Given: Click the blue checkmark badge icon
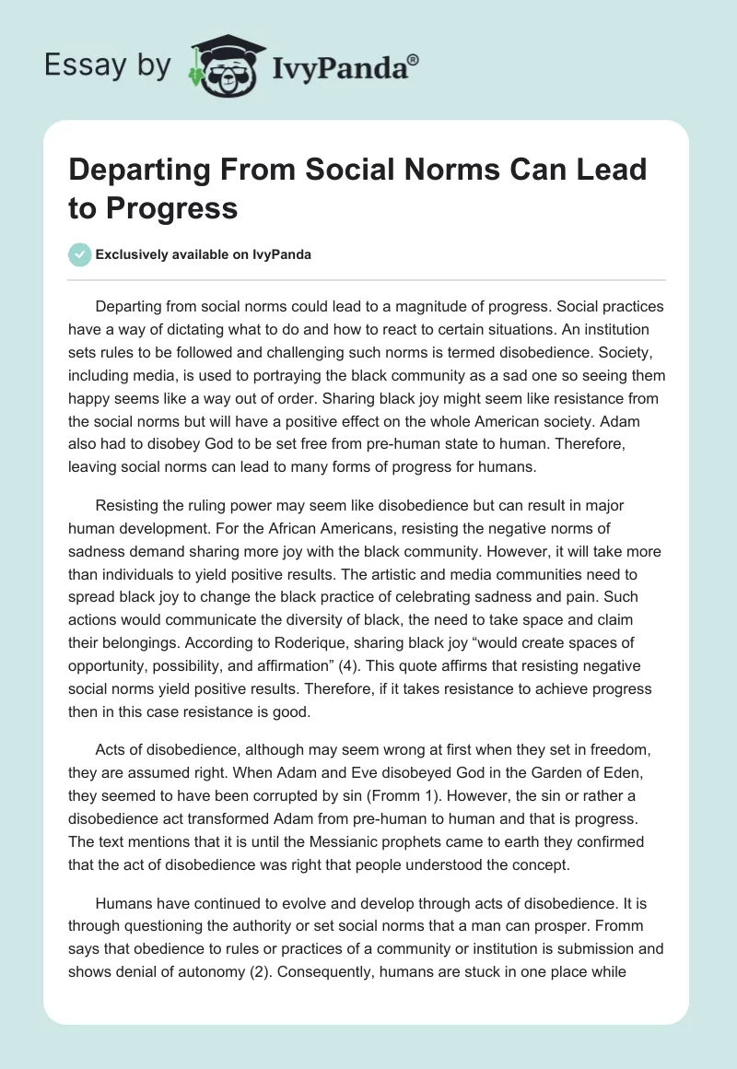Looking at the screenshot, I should coord(80,254).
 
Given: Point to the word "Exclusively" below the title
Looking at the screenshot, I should coord(133,254).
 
